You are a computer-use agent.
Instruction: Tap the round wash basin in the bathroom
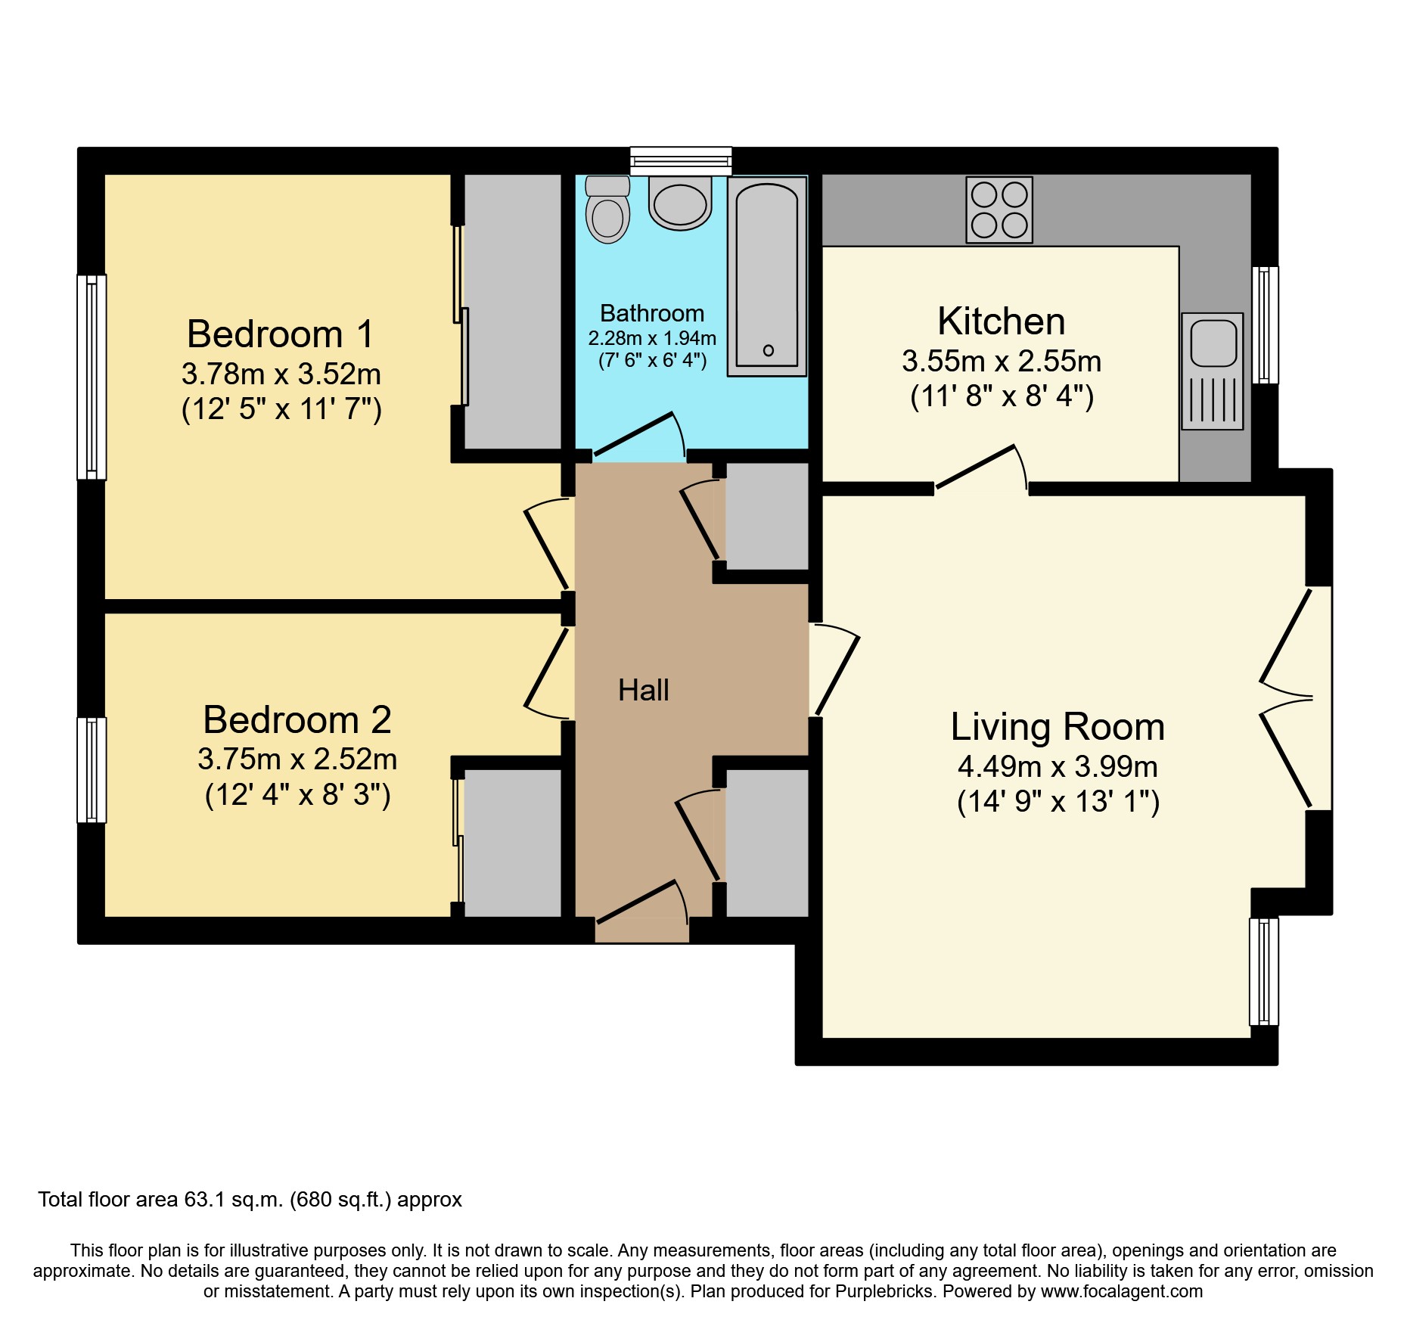click(x=680, y=204)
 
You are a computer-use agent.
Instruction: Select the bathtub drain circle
click(x=768, y=350)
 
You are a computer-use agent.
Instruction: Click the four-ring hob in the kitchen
click(x=999, y=210)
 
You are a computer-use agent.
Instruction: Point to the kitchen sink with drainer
click(x=1212, y=371)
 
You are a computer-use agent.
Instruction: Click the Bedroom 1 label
click(x=280, y=334)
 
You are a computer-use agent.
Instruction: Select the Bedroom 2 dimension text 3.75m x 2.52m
click(x=297, y=759)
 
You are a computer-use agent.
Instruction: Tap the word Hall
click(x=643, y=690)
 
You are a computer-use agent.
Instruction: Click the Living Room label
click(x=1057, y=726)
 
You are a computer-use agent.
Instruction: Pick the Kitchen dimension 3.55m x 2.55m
click(x=1001, y=362)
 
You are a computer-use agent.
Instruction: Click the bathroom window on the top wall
click(x=681, y=160)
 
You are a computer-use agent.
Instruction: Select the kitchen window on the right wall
click(x=1264, y=325)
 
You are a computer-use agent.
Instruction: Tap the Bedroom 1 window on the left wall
click(x=92, y=377)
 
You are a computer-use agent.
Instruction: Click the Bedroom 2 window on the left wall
click(x=92, y=769)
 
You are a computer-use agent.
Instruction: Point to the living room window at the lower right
click(x=1263, y=971)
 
